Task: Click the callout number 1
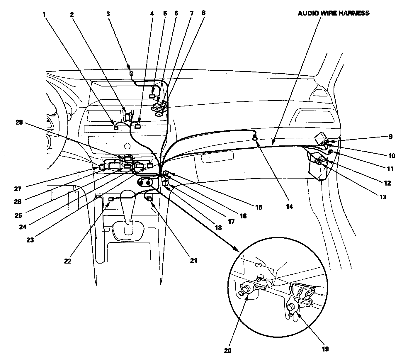point(44,14)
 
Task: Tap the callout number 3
point(108,14)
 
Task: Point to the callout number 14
point(289,206)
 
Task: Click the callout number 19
point(325,349)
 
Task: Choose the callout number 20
point(228,350)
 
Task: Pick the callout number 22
point(68,261)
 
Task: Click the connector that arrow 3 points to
point(132,73)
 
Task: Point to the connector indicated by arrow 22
point(111,199)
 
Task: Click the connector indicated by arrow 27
point(101,167)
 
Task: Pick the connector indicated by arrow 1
point(116,128)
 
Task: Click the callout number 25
point(18,215)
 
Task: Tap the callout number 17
point(231,221)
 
